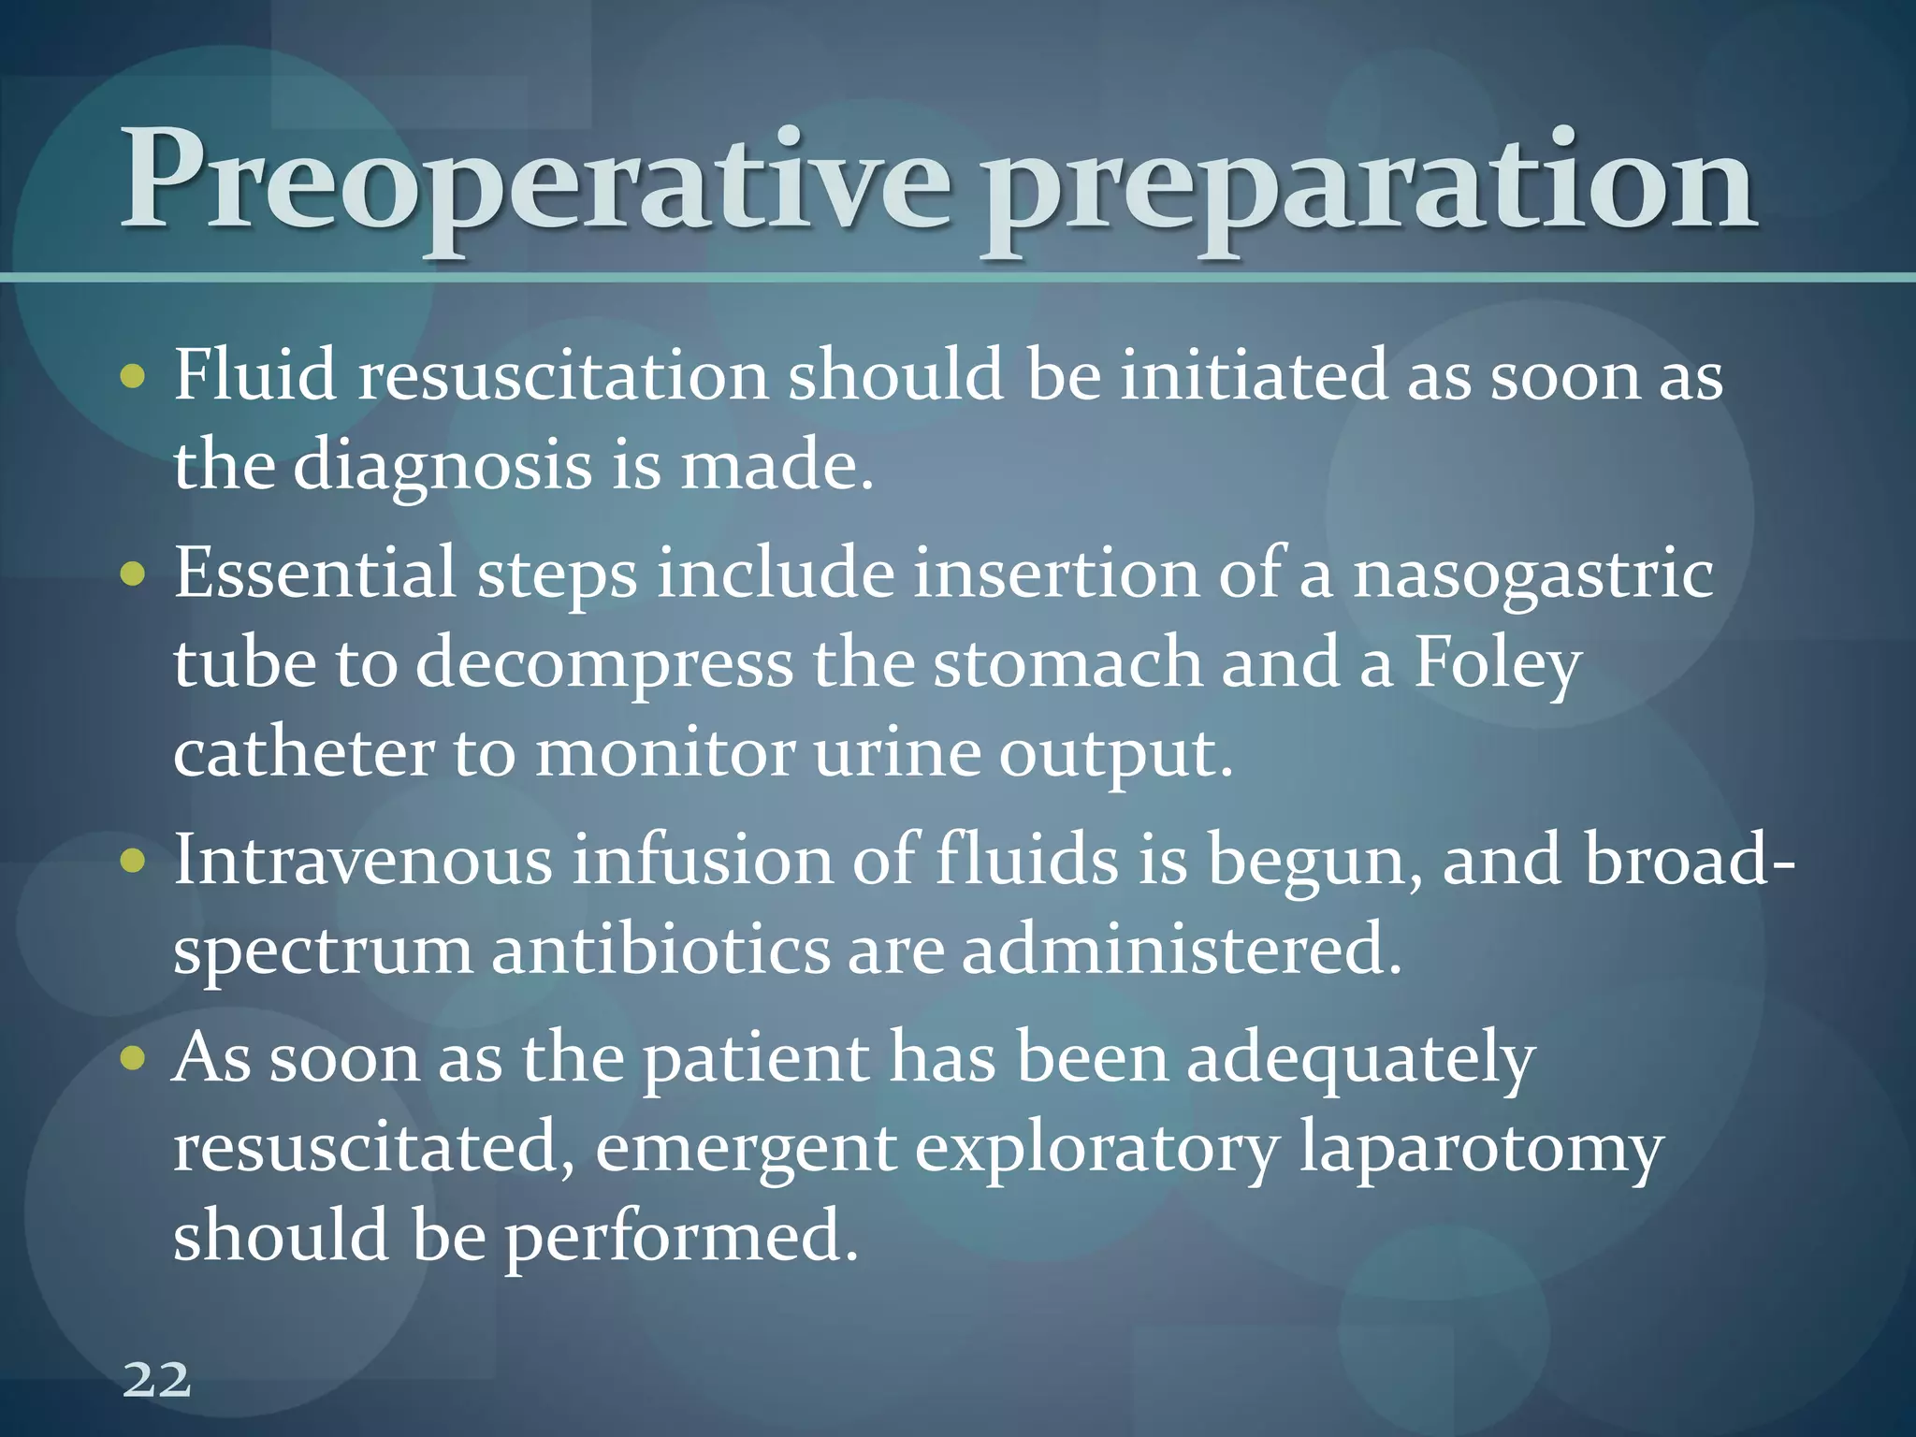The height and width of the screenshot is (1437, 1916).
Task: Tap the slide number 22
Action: click(x=156, y=1379)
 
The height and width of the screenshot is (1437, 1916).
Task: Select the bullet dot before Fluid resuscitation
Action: click(x=134, y=376)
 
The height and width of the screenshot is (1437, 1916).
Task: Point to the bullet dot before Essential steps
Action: click(x=134, y=573)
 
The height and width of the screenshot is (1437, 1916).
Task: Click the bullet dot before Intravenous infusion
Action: click(x=134, y=861)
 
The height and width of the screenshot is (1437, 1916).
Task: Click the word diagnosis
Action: click(x=443, y=465)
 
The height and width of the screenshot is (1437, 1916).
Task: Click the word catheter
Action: click(x=304, y=752)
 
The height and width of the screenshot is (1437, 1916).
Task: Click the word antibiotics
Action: click(x=660, y=950)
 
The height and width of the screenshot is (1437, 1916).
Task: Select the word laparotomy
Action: click(x=1481, y=1149)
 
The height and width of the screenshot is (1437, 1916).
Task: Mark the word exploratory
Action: click(x=1096, y=1149)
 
